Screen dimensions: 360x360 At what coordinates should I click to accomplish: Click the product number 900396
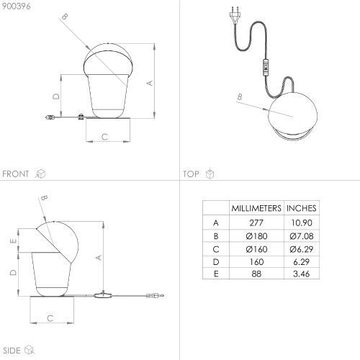point(16,6)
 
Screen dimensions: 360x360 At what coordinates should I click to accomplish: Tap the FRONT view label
point(16,174)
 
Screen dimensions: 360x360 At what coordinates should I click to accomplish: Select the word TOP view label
point(191,174)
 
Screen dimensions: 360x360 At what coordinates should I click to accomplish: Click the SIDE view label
point(12,351)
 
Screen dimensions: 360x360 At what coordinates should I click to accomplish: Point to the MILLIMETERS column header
point(256,208)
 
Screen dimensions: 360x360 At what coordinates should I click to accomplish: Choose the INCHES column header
point(302,208)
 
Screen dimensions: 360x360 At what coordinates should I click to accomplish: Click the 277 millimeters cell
point(256,222)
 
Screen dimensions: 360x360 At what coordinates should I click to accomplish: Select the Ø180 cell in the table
point(256,236)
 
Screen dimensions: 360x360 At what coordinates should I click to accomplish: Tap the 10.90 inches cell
point(302,222)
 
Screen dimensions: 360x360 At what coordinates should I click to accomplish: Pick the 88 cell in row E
point(256,274)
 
